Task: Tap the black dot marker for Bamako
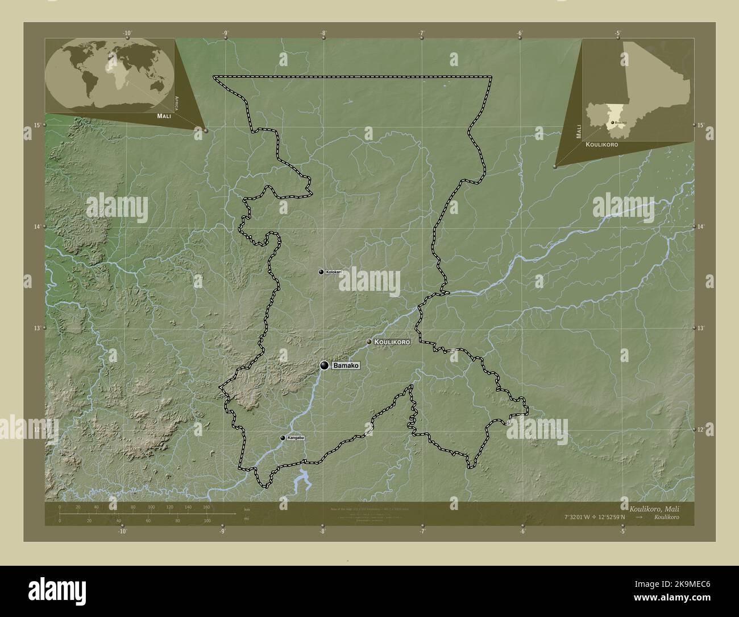pyautogui.click(x=324, y=365)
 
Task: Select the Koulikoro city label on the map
pyautogui.click(x=392, y=342)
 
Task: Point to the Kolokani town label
pyautogui.click(x=334, y=272)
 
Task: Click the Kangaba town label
pyautogui.click(x=296, y=438)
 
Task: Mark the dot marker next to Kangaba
pyautogui.click(x=283, y=438)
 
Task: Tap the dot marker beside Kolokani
pyautogui.click(x=321, y=272)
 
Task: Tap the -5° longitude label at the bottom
pyautogui.click(x=623, y=532)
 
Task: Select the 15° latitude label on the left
pyautogui.click(x=37, y=125)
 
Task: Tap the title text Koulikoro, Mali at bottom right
pyautogui.click(x=653, y=508)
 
